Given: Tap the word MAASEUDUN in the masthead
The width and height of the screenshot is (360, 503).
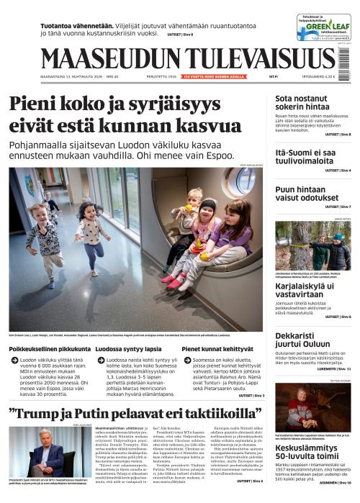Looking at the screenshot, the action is [104, 60].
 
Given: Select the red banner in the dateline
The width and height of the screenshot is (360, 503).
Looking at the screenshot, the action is [214, 75].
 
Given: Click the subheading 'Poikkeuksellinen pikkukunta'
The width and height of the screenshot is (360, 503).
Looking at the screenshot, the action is [45, 348].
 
